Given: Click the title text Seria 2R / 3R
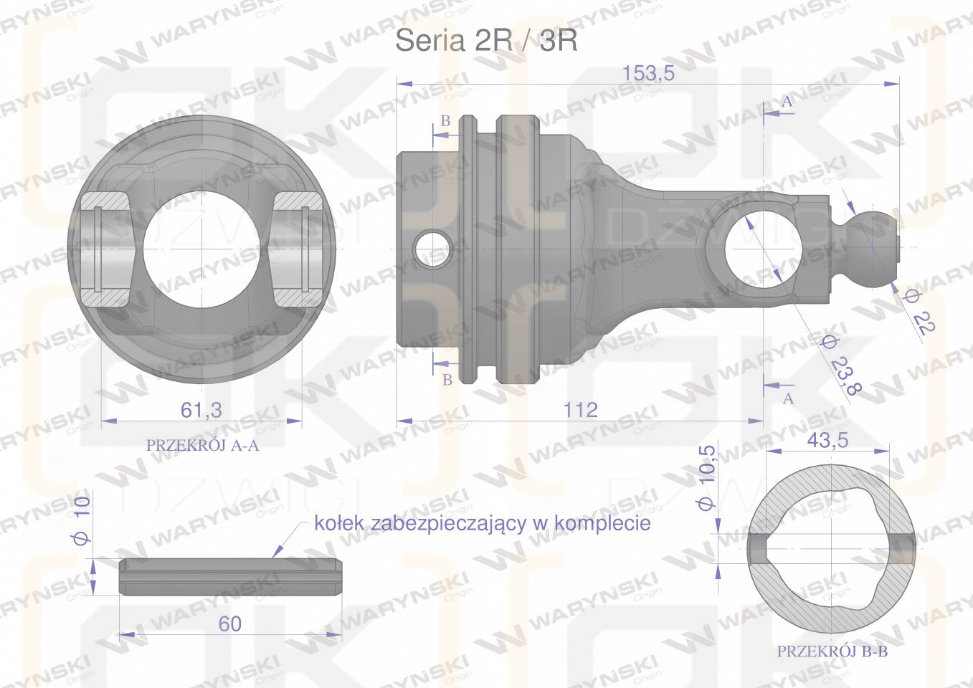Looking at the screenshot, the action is [486, 42].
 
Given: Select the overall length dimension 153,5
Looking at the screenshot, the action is [648, 73].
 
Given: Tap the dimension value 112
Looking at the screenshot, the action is [580, 410].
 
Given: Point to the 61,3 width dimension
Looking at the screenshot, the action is [201, 410].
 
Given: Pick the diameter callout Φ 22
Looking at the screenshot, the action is [919, 312].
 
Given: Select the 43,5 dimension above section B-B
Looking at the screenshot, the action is [827, 440].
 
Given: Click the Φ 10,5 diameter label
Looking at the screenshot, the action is [706, 477].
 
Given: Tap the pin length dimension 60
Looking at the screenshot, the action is [229, 623].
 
